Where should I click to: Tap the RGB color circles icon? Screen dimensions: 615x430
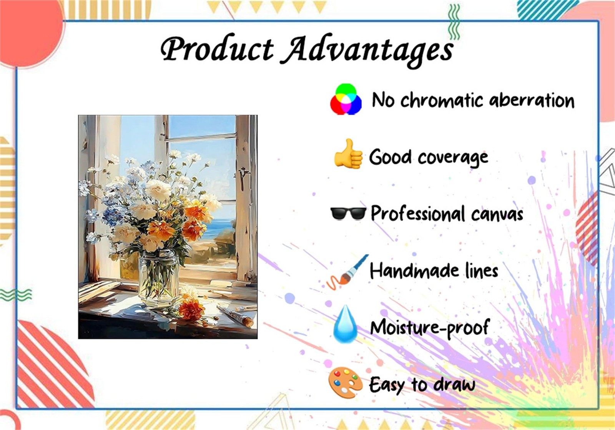click(x=346, y=99)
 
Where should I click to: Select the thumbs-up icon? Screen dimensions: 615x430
click(x=348, y=154)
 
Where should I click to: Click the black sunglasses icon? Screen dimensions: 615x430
click(x=348, y=213)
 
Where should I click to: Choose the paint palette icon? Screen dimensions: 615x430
click(x=344, y=382)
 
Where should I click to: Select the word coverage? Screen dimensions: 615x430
click(x=453, y=158)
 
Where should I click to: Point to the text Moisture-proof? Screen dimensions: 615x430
click(x=430, y=327)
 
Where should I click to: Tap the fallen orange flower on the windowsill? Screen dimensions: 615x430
click(x=191, y=309)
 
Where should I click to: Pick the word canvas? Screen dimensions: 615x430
click(x=497, y=215)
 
